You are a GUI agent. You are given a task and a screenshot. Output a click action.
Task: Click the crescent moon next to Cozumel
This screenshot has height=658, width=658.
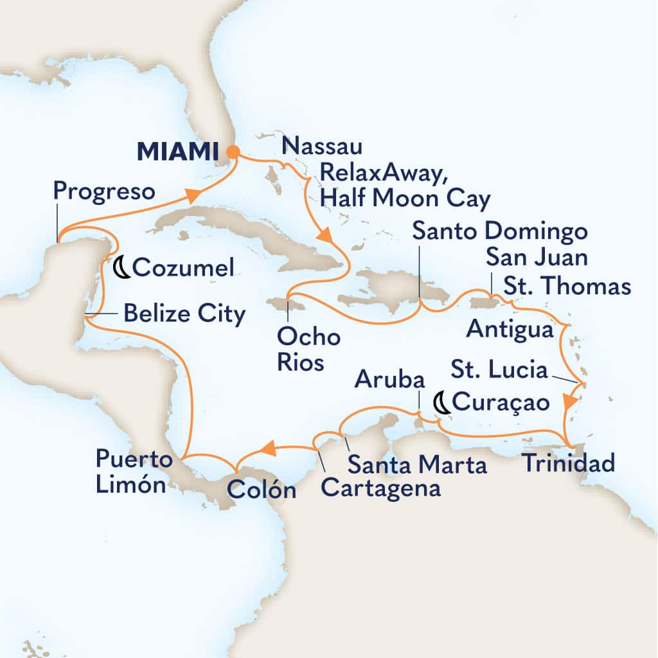tap(121, 267)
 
